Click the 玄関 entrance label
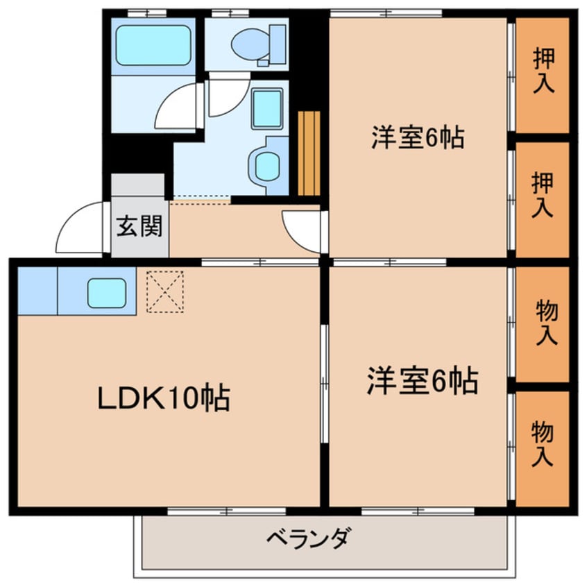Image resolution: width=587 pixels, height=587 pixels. tap(139, 227)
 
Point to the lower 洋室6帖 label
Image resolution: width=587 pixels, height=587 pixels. tap(421, 380)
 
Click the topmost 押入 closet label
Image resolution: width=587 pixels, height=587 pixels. tap(543, 71)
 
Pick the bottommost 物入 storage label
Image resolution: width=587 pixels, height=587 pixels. tap(543, 444)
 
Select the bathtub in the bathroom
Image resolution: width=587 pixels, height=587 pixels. tap(153, 45)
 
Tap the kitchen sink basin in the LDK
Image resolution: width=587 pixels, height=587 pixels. tap(107, 293)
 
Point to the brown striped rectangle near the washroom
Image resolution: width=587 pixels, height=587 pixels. tap(309, 153)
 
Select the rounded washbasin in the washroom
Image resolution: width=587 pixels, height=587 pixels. tap(266, 165)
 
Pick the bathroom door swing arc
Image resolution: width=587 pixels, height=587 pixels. tap(177, 108)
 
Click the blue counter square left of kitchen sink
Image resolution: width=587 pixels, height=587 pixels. tap(37, 290)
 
